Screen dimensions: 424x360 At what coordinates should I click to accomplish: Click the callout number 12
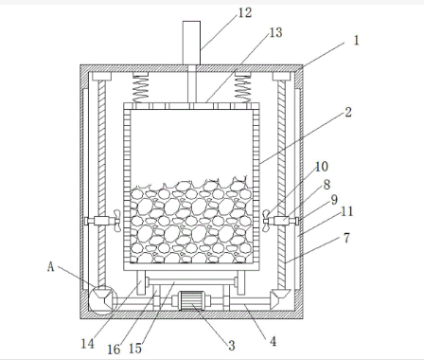coord(244,13)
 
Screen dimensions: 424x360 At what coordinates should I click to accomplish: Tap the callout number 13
coord(275,32)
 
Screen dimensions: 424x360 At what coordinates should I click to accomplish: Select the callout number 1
coord(357,41)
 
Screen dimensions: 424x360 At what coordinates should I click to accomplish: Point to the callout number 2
coord(348,112)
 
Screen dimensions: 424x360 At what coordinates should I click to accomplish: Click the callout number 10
coord(322,167)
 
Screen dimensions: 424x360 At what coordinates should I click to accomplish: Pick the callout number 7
coord(346,238)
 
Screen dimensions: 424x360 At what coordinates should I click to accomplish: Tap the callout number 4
coord(273,341)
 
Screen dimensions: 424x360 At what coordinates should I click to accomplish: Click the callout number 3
coord(232,346)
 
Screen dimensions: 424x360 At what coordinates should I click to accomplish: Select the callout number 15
coord(135,349)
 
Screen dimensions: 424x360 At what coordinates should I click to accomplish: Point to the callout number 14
coord(88,344)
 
